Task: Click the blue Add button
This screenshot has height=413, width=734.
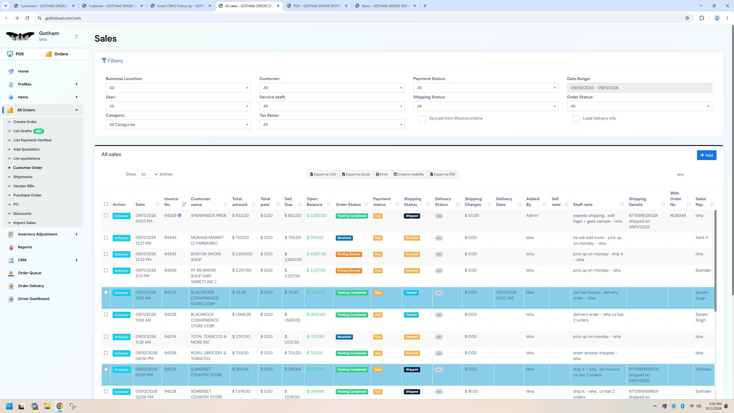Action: coord(706,155)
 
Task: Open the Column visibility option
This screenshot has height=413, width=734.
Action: coord(409,174)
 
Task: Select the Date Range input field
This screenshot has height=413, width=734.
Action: coord(639,88)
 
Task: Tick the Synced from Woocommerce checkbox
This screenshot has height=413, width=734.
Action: coord(422,119)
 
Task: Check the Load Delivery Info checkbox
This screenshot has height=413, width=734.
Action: coord(576,119)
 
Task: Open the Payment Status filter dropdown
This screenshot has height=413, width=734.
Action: coord(486,88)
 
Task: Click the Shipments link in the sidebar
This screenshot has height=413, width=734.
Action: coord(23,177)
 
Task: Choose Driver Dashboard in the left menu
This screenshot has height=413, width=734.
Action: coord(34,299)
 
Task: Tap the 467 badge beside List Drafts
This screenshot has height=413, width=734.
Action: coord(38,131)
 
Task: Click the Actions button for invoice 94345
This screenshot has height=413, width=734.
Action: coord(121,238)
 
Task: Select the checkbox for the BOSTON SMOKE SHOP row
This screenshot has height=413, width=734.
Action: coord(106,254)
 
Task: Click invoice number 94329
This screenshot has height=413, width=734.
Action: coord(170,292)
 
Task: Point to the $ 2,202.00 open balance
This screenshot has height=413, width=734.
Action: coord(317,215)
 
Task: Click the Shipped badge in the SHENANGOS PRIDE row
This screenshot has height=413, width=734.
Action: coord(412,216)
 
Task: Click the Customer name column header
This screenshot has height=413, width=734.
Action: coord(201,202)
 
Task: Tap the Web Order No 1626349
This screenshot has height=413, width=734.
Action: coord(678,215)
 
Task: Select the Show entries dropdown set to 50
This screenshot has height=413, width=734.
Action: coord(148,174)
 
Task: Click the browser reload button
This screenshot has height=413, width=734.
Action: coord(27,18)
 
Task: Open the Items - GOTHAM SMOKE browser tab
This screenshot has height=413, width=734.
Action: coord(386,6)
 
